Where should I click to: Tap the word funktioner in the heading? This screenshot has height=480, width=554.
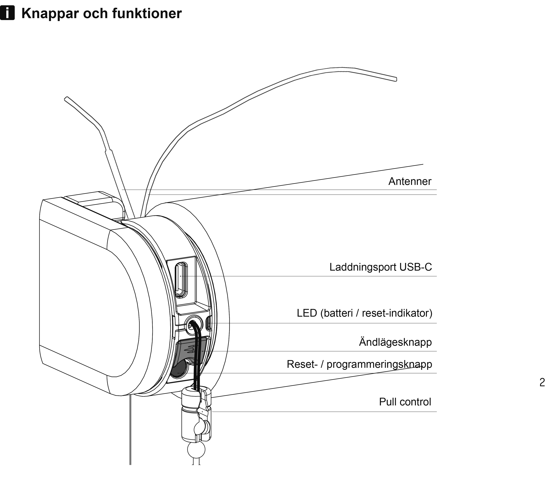pyautogui.click(x=147, y=13)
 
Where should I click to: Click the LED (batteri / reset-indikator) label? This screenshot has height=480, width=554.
pyautogui.click(x=364, y=313)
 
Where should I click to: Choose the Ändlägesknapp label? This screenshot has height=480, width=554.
pyautogui.click(x=395, y=342)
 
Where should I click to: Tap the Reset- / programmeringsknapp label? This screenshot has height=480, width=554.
pyautogui.click(x=359, y=364)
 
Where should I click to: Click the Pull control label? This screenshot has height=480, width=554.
pyautogui.click(x=405, y=402)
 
